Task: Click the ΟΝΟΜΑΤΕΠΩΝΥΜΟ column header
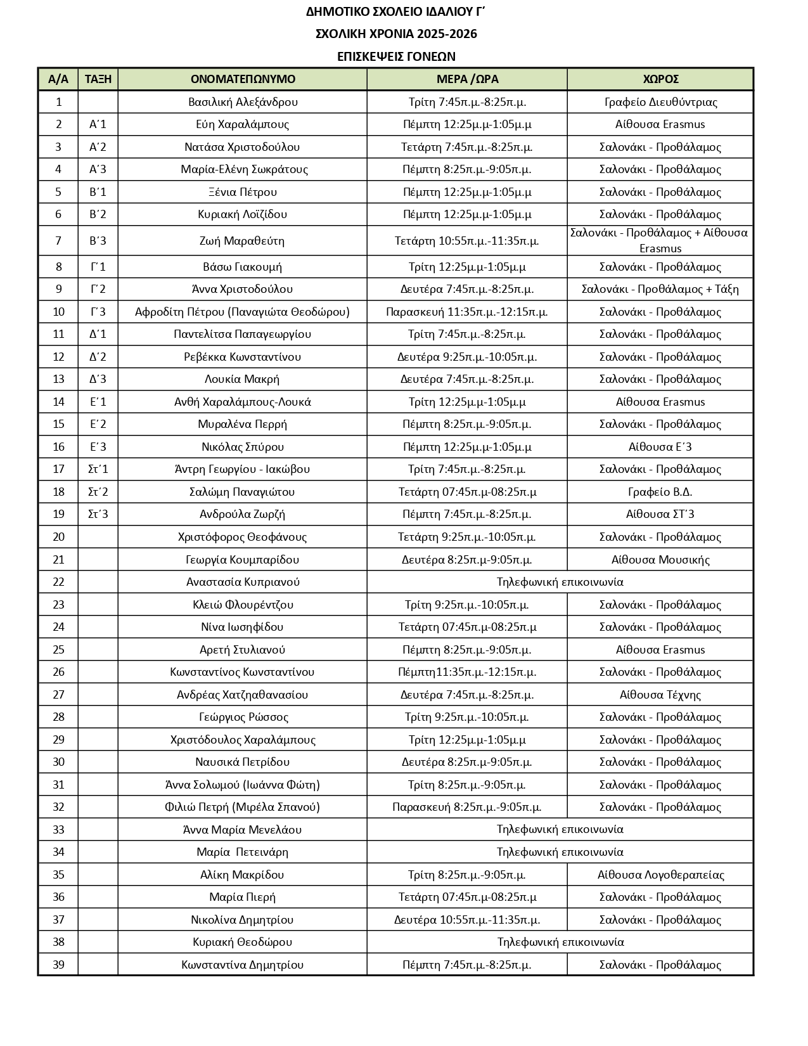243,79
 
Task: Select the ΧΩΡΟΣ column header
660,79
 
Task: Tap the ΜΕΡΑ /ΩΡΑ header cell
467,79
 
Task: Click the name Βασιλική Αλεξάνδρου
243,102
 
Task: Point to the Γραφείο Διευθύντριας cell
660,102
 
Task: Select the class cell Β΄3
98,241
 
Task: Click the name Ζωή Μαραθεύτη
243,241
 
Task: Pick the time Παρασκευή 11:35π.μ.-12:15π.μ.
467,312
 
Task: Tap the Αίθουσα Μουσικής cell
660,560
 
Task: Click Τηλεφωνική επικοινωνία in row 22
560,582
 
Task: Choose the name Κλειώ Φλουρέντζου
243,605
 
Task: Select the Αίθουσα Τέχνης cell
660,695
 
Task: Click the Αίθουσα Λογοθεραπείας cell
660,875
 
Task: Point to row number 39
58,965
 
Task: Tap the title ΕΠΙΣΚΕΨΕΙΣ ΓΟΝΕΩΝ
396,56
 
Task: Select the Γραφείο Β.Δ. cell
660,492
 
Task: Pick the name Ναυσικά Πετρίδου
243,762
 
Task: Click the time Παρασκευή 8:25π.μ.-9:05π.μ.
467,807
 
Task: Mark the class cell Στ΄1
98,469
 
